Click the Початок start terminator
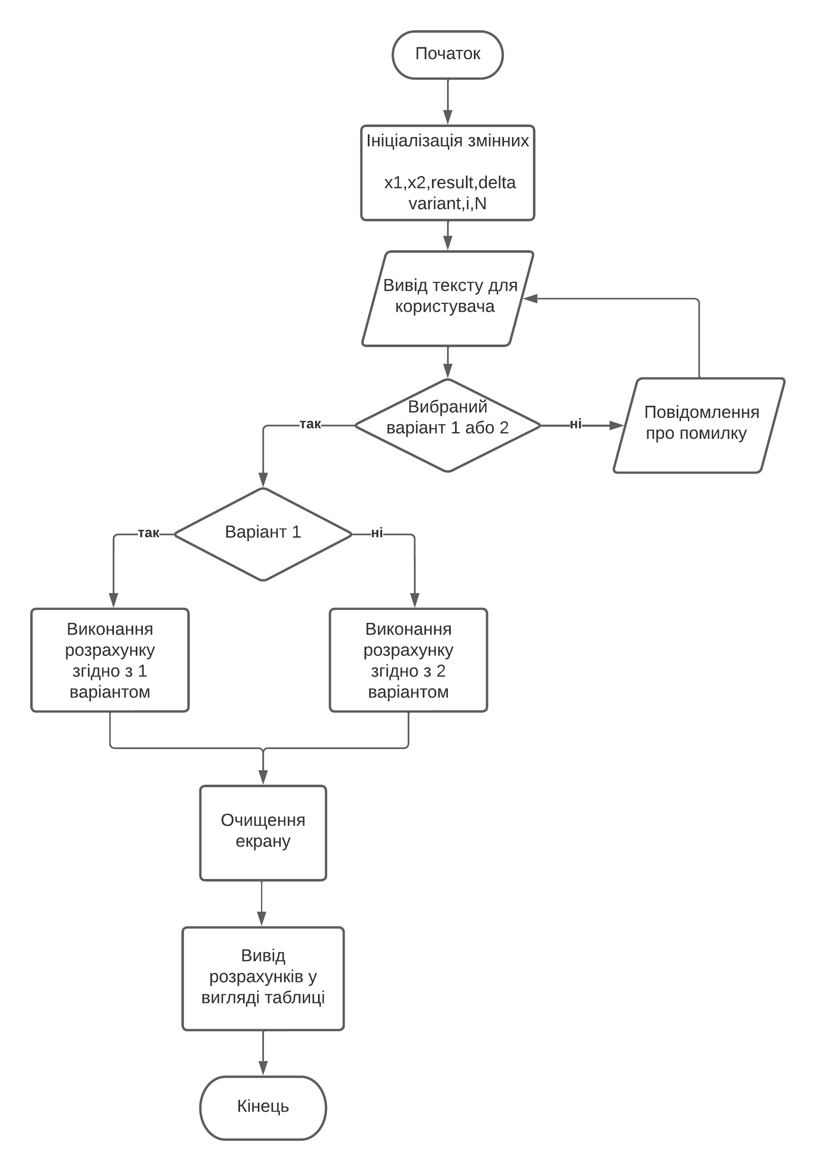tap(447, 54)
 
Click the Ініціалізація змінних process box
tap(447, 173)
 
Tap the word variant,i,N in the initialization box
tap(447, 203)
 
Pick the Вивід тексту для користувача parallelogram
tap(447, 298)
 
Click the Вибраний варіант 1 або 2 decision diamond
tap(447, 425)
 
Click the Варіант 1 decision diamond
tap(262, 534)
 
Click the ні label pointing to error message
tap(575, 424)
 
